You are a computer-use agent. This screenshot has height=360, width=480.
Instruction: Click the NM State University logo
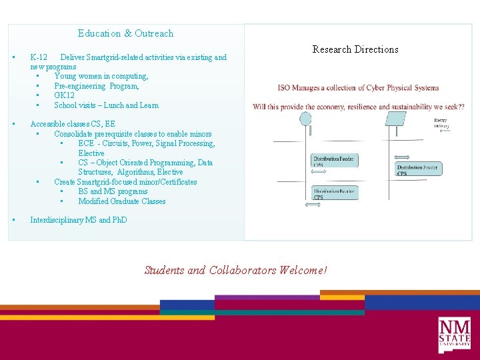pyautogui.click(x=454, y=335)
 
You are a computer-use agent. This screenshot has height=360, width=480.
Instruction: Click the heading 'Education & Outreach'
pyautogui.click(x=125, y=33)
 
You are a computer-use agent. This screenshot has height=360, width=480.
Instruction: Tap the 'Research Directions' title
pyautogui.click(x=355, y=49)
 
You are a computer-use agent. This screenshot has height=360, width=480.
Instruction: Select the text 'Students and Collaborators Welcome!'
pyautogui.click(x=236, y=270)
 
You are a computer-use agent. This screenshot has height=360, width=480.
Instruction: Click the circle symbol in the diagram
pyautogui.click(x=305, y=119)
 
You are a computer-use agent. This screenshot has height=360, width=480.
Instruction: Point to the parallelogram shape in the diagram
pyautogui.click(x=396, y=119)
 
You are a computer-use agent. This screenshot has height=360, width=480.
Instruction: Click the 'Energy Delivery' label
pyautogui.click(x=441, y=123)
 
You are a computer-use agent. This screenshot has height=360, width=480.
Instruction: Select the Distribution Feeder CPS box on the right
pyautogui.click(x=418, y=169)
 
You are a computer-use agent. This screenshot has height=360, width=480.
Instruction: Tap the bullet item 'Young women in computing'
pyautogui.click(x=101, y=76)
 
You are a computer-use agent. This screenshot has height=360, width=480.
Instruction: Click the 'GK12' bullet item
pyautogui.click(x=65, y=95)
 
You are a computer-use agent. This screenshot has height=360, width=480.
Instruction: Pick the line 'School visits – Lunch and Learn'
pyautogui.click(x=106, y=105)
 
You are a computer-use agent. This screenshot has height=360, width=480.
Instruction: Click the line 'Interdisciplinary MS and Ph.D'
pyautogui.click(x=78, y=220)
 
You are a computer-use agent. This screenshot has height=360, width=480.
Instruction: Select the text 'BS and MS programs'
pyautogui.click(x=113, y=191)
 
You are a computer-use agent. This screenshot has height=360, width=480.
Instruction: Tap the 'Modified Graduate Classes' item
pyautogui.click(x=121, y=201)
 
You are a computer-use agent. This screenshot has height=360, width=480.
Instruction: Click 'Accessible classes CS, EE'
pyautogui.click(x=73, y=124)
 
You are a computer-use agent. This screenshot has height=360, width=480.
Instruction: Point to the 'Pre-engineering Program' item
pyautogui.click(x=97, y=86)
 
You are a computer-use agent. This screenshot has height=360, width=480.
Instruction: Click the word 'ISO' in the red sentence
pyautogui.click(x=285, y=87)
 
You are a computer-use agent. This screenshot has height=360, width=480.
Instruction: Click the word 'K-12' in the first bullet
pyautogui.click(x=39, y=57)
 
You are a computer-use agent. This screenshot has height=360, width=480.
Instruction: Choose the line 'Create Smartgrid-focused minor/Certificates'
pyautogui.click(x=125, y=182)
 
